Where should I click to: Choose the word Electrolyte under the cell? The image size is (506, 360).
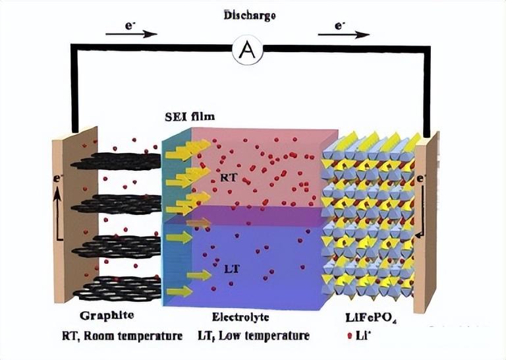coord(241,317)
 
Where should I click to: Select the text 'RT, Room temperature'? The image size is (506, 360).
coord(122,336)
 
